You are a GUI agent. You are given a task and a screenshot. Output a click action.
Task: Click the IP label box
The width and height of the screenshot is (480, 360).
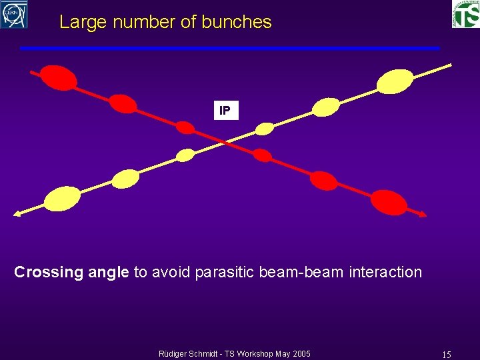(x=225, y=111)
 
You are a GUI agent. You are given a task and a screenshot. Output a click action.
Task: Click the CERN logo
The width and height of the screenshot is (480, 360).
(x=14, y=14)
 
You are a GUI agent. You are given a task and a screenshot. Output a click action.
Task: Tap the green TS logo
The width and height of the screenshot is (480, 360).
(x=465, y=14)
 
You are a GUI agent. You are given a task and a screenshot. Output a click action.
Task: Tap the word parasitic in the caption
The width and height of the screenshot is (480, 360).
(x=225, y=272)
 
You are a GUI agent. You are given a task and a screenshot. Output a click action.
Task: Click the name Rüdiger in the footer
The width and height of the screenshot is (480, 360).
(x=175, y=353)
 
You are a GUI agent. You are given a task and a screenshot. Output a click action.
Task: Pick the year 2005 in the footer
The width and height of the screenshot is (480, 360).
(x=299, y=353)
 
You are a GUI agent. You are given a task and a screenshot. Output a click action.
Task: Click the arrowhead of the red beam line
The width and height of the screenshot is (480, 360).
(x=423, y=213)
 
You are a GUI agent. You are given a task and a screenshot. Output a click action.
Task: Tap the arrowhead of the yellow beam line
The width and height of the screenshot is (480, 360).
(x=17, y=214)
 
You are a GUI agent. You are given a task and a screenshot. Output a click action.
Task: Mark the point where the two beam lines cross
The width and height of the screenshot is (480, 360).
(x=225, y=141)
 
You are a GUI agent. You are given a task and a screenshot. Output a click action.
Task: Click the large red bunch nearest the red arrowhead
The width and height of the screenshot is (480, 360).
(x=389, y=201)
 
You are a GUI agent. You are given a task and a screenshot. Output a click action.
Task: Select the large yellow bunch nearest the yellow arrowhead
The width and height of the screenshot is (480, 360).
(x=62, y=198)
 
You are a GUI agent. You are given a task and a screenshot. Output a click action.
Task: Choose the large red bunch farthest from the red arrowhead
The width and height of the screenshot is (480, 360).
(x=59, y=77)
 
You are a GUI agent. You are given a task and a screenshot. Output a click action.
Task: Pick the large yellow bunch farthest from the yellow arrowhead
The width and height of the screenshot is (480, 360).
(x=395, y=81)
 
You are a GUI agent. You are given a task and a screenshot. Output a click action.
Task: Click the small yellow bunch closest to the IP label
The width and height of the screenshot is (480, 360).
(x=265, y=128)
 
